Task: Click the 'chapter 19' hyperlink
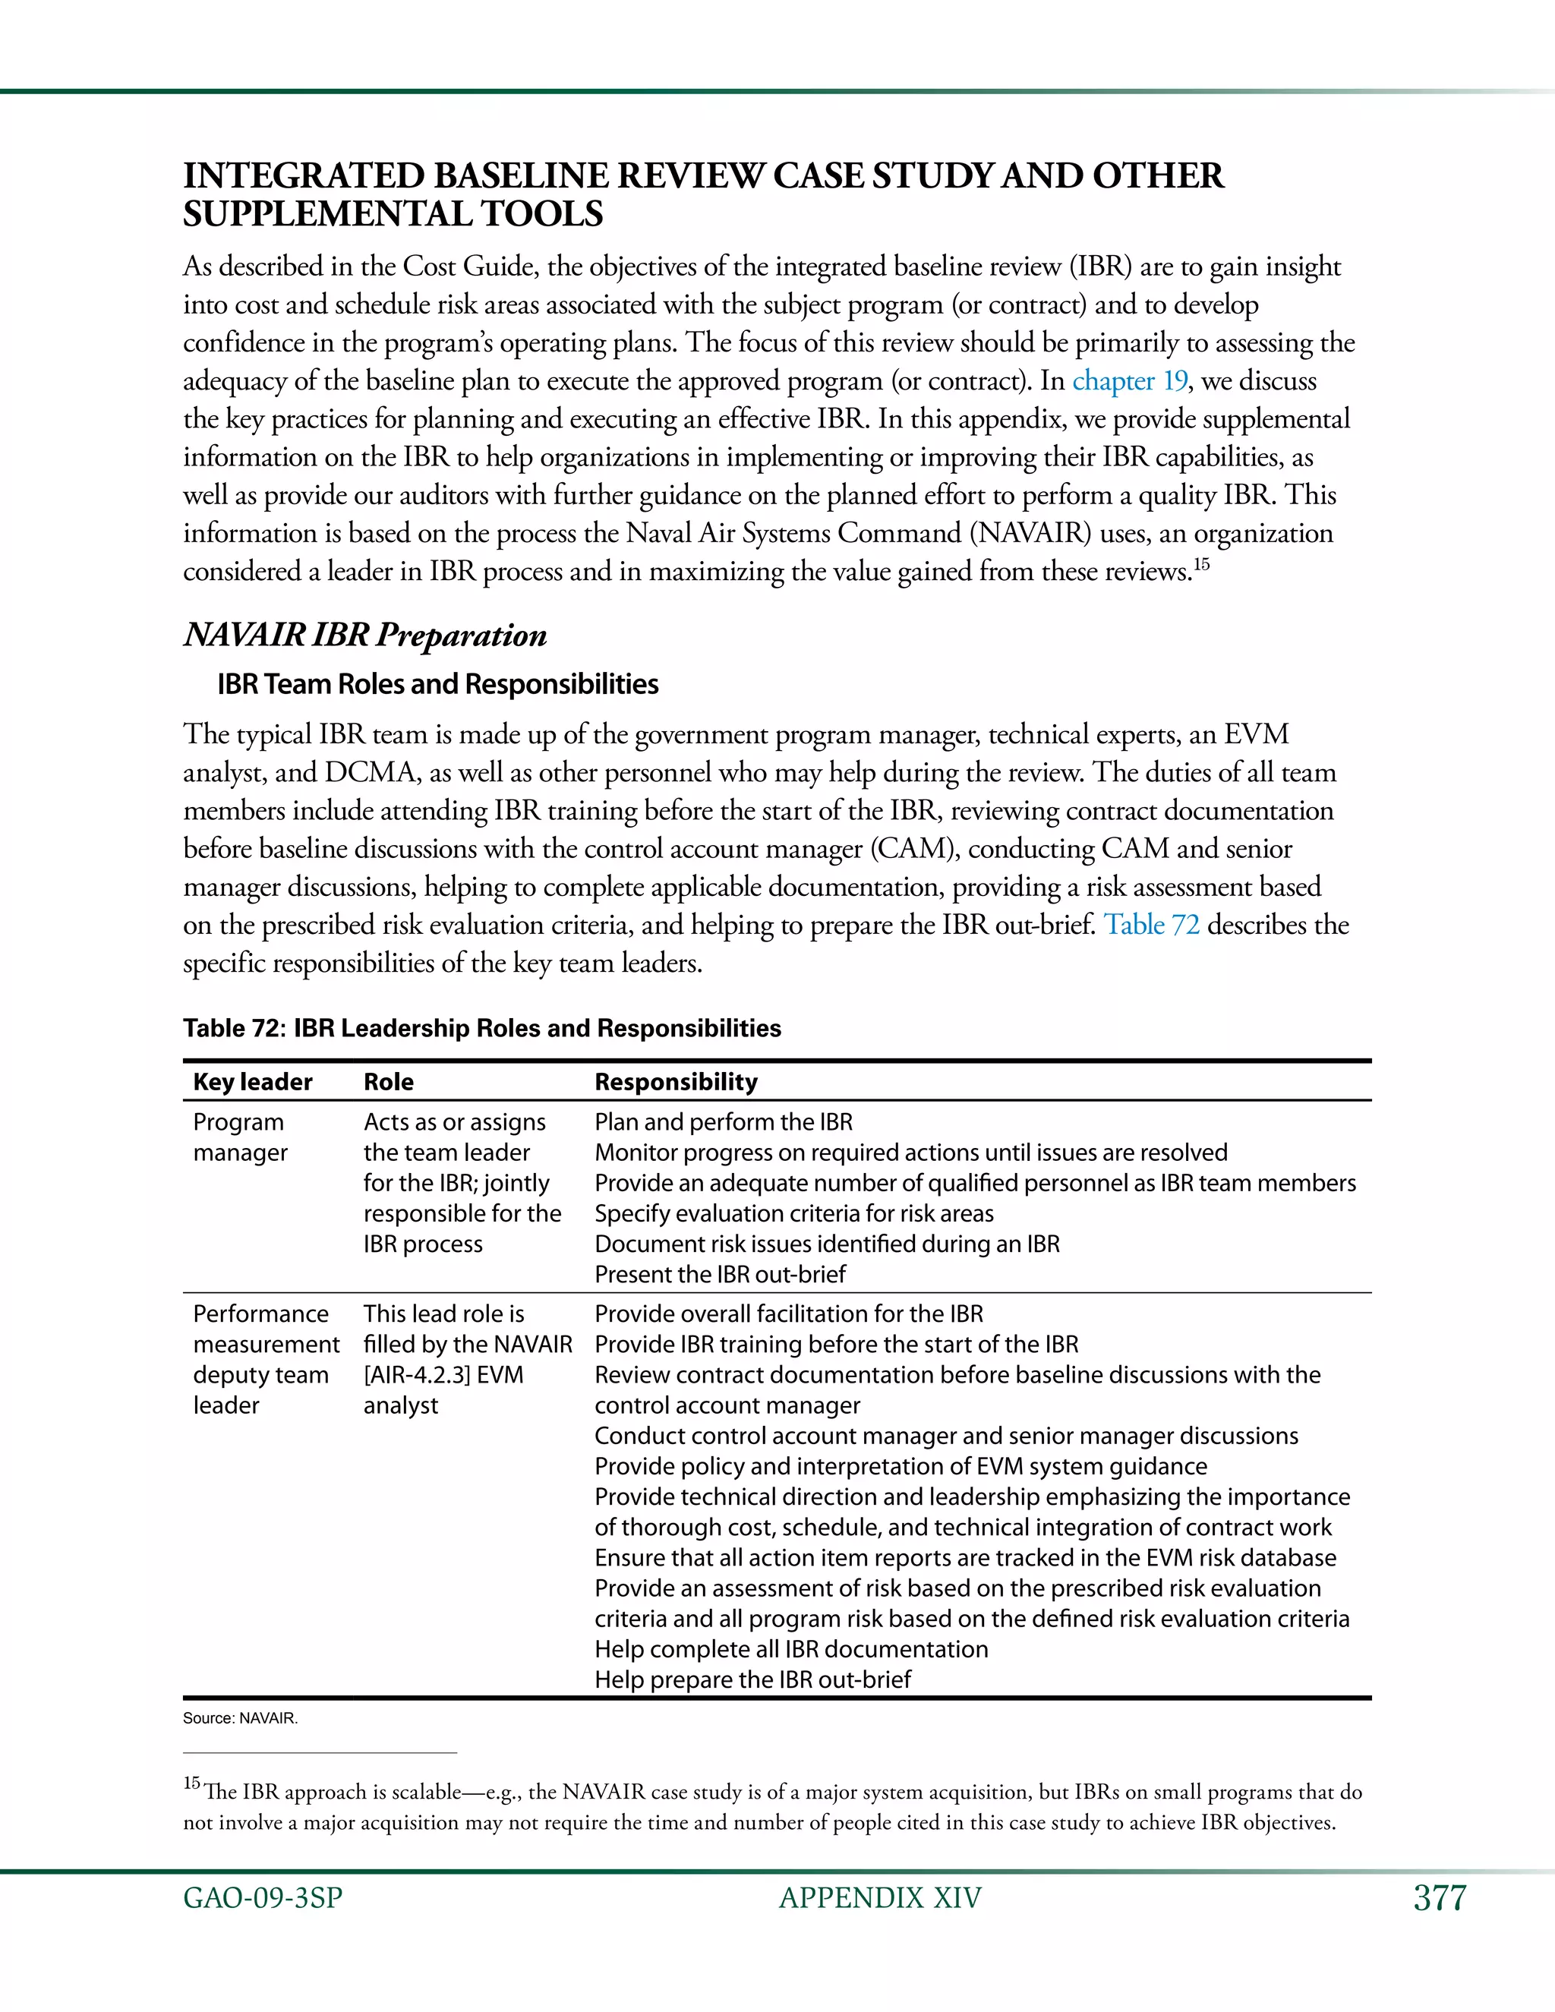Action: click(1129, 380)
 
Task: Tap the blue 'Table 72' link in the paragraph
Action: click(1152, 925)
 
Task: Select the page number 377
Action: click(1439, 1899)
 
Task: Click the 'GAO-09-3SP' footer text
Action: click(263, 1899)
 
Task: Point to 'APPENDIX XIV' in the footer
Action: click(880, 1899)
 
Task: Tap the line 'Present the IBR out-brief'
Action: click(720, 1274)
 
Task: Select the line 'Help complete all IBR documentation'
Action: click(790, 1649)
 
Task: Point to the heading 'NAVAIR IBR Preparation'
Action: click(364, 635)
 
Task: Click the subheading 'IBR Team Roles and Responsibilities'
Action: click(437, 685)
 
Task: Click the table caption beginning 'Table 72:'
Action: click(482, 1028)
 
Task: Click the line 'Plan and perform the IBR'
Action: click(723, 1122)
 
